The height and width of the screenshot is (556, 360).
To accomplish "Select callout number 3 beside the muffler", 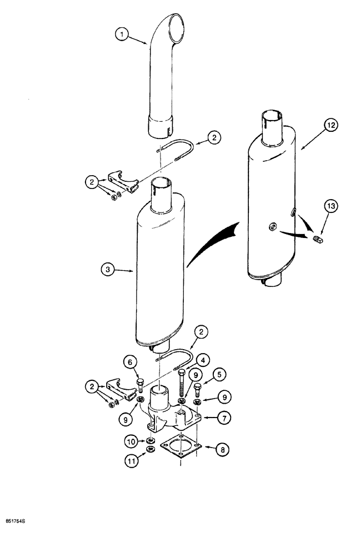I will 109,271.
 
